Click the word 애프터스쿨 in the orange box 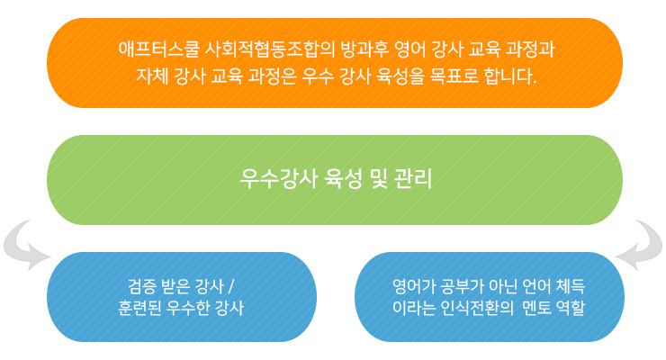(158, 49)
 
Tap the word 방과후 (364, 49)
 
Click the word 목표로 (454, 76)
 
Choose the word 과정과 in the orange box (531, 49)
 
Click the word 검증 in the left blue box (142, 286)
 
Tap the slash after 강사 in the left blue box (231, 286)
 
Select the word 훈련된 (139, 308)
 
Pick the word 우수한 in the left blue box (187, 308)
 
